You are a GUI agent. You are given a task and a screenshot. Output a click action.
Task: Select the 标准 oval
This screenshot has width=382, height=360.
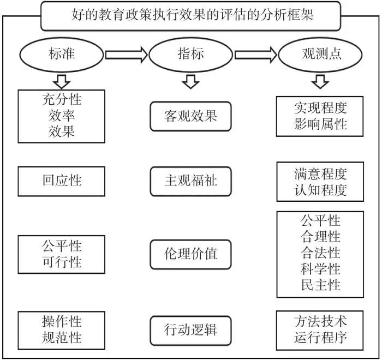tap(62, 55)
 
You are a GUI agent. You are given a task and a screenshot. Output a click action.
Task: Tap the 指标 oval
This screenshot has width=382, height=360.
tap(191, 55)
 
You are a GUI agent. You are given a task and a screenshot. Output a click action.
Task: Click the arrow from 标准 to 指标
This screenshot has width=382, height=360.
tap(127, 55)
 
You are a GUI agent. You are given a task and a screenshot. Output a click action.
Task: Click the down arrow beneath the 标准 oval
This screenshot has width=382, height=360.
tap(62, 81)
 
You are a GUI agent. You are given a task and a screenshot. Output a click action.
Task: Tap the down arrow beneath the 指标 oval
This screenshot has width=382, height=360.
tap(191, 81)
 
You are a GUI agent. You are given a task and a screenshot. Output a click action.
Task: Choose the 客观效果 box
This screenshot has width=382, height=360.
tap(191, 116)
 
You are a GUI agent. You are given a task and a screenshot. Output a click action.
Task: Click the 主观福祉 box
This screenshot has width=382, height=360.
tap(191, 181)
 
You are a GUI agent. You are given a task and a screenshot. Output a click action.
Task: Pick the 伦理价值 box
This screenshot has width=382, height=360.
tap(191, 254)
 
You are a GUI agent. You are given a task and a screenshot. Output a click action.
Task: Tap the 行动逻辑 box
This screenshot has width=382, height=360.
tap(191, 330)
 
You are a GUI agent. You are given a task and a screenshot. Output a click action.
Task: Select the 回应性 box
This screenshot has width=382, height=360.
tap(62, 181)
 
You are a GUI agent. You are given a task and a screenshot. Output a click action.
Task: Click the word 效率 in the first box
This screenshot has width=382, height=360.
tap(62, 116)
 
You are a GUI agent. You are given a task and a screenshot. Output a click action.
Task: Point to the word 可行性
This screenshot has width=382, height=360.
tap(62, 262)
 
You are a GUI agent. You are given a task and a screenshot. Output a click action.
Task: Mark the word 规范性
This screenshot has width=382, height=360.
tap(62, 338)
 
